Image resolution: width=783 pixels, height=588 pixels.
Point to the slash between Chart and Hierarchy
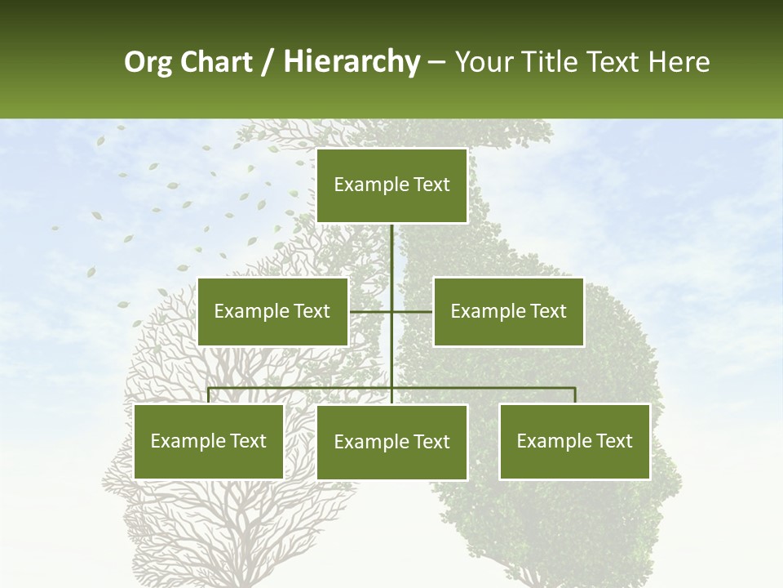tap(268, 62)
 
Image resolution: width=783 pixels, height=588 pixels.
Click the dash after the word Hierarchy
tap(436, 62)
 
